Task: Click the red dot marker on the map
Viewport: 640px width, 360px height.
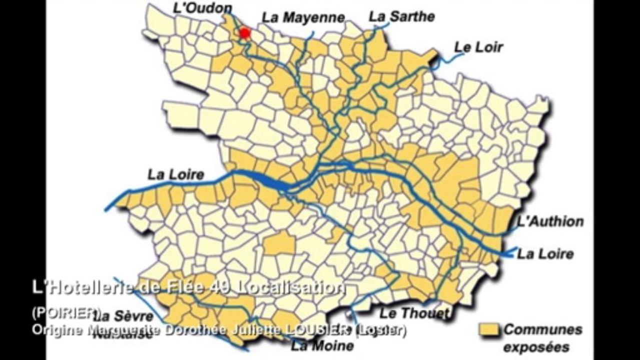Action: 245,33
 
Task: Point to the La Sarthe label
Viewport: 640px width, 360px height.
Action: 402,16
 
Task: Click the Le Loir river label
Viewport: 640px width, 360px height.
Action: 478,47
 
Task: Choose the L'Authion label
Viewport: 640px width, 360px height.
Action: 550,221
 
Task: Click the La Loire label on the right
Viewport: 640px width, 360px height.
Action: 545,253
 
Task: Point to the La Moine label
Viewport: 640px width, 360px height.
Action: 323,345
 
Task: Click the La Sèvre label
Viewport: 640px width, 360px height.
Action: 124,316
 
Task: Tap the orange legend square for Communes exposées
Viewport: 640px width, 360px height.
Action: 489,329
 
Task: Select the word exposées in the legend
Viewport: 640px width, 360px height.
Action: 536,346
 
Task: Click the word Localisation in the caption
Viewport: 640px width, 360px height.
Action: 290,287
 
